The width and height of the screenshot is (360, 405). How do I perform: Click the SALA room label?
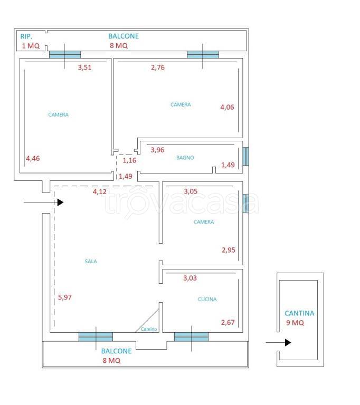pyautogui.click(x=91, y=262)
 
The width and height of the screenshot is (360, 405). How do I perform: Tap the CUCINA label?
pyautogui.click(x=207, y=299)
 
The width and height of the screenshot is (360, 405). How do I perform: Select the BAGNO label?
pyautogui.click(x=185, y=158)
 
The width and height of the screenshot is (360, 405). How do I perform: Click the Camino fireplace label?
pyautogui.click(x=149, y=329)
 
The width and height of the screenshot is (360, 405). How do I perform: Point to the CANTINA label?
pyautogui.click(x=299, y=313)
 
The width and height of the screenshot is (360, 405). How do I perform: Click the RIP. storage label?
pyautogui.click(x=26, y=36)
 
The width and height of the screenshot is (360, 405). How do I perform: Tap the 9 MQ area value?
pyautogui.click(x=295, y=323)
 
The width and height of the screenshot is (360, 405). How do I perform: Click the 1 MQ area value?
pyautogui.click(x=31, y=46)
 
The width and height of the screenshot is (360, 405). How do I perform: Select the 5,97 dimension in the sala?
pyautogui.click(x=64, y=297)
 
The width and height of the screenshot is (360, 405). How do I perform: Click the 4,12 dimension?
pyautogui.click(x=100, y=191)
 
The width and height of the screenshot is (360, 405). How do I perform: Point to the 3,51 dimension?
pyautogui.click(x=85, y=67)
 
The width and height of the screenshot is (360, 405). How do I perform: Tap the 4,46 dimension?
pyautogui.click(x=33, y=158)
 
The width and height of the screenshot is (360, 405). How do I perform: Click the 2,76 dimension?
pyautogui.click(x=158, y=67)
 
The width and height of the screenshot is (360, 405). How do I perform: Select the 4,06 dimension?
pyautogui.click(x=227, y=107)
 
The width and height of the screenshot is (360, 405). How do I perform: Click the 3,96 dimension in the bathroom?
pyautogui.click(x=157, y=150)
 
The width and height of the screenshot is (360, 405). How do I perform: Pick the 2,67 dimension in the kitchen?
pyautogui.click(x=228, y=322)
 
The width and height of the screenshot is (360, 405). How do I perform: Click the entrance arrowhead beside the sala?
pyautogui.click(x=61, y=202)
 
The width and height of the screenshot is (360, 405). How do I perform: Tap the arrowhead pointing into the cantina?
pyautogui.click(x=288, y=342)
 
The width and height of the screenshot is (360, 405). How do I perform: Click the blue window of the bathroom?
pyautogui.click(x=245, y=156)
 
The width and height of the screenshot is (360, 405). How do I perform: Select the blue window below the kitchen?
pyautogui.click(x=191, y=337)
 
